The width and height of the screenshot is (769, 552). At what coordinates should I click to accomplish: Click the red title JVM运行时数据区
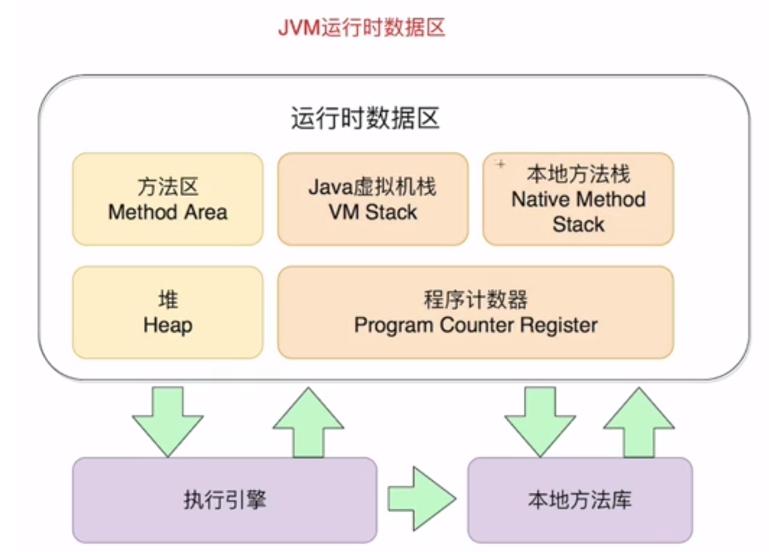(x=361, y=28)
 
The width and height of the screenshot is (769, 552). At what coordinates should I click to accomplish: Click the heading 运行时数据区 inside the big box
(x=365, y=119)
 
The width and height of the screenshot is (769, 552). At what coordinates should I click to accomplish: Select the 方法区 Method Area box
(x=167, y=200)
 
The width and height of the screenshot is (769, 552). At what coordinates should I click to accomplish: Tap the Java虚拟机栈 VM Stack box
(x=373, y=200)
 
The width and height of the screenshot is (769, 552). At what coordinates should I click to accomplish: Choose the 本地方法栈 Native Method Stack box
(x=578, y=200)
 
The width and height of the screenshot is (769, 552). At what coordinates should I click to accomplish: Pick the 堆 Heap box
(x=167, y=312)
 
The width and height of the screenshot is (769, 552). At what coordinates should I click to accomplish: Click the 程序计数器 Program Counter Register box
(x=475, y=312)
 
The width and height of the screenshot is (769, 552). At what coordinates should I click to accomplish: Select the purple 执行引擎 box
(x=224, y=500)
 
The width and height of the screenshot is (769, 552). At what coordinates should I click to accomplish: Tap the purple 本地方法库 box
(x=579, y=500)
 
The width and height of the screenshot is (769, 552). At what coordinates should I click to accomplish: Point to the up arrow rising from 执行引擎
(x=308, y=422)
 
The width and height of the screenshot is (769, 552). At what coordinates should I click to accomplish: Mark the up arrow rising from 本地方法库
(x=639, y=422)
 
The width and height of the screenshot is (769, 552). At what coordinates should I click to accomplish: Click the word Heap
(x=167, y=325)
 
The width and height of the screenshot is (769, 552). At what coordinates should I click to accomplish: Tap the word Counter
(x=475, y=325)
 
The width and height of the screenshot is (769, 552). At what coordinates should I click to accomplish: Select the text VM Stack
(x=373, y=212)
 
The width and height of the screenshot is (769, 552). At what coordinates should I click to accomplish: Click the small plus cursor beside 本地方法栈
(x=500, y=164)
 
